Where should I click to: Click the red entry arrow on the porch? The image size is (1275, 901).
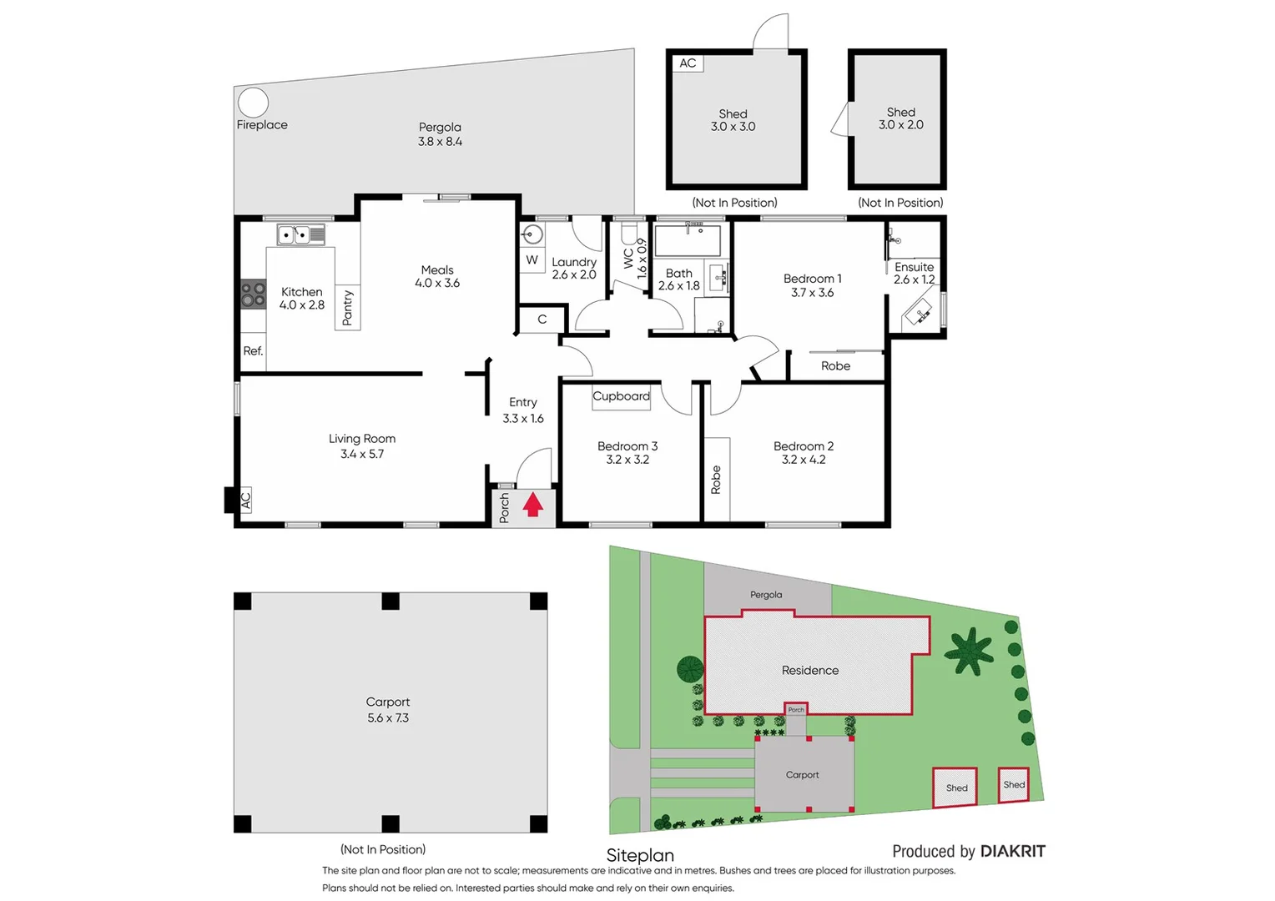point(533,505)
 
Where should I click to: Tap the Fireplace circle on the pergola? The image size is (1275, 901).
point(253,103)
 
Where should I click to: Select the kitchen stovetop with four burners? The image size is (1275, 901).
point(254,295)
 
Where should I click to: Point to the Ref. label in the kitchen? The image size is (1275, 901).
point(253,351)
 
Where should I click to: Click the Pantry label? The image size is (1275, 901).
point(348,308)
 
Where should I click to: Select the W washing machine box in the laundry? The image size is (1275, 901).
point(532,260)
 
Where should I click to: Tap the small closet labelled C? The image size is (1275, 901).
point(542,320)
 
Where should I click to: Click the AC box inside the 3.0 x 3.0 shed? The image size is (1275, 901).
point(688,63)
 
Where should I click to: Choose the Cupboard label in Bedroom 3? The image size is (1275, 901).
point(621,396)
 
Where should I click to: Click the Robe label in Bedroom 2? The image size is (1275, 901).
point(716,481)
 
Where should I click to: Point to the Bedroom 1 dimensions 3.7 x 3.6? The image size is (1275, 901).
point(812,293)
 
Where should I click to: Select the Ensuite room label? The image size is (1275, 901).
point(914,267)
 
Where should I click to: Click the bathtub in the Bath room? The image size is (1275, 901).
point(688,240)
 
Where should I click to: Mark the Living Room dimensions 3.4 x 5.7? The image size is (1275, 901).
point(362,454)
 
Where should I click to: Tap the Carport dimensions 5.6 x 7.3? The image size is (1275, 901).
point(388,717)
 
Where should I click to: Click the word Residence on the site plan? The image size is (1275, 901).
point(809,671)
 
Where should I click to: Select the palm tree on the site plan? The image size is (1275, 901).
point(969,651)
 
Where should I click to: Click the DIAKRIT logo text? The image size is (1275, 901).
point(1012,852)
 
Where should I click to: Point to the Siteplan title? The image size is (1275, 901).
point(640,855)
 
